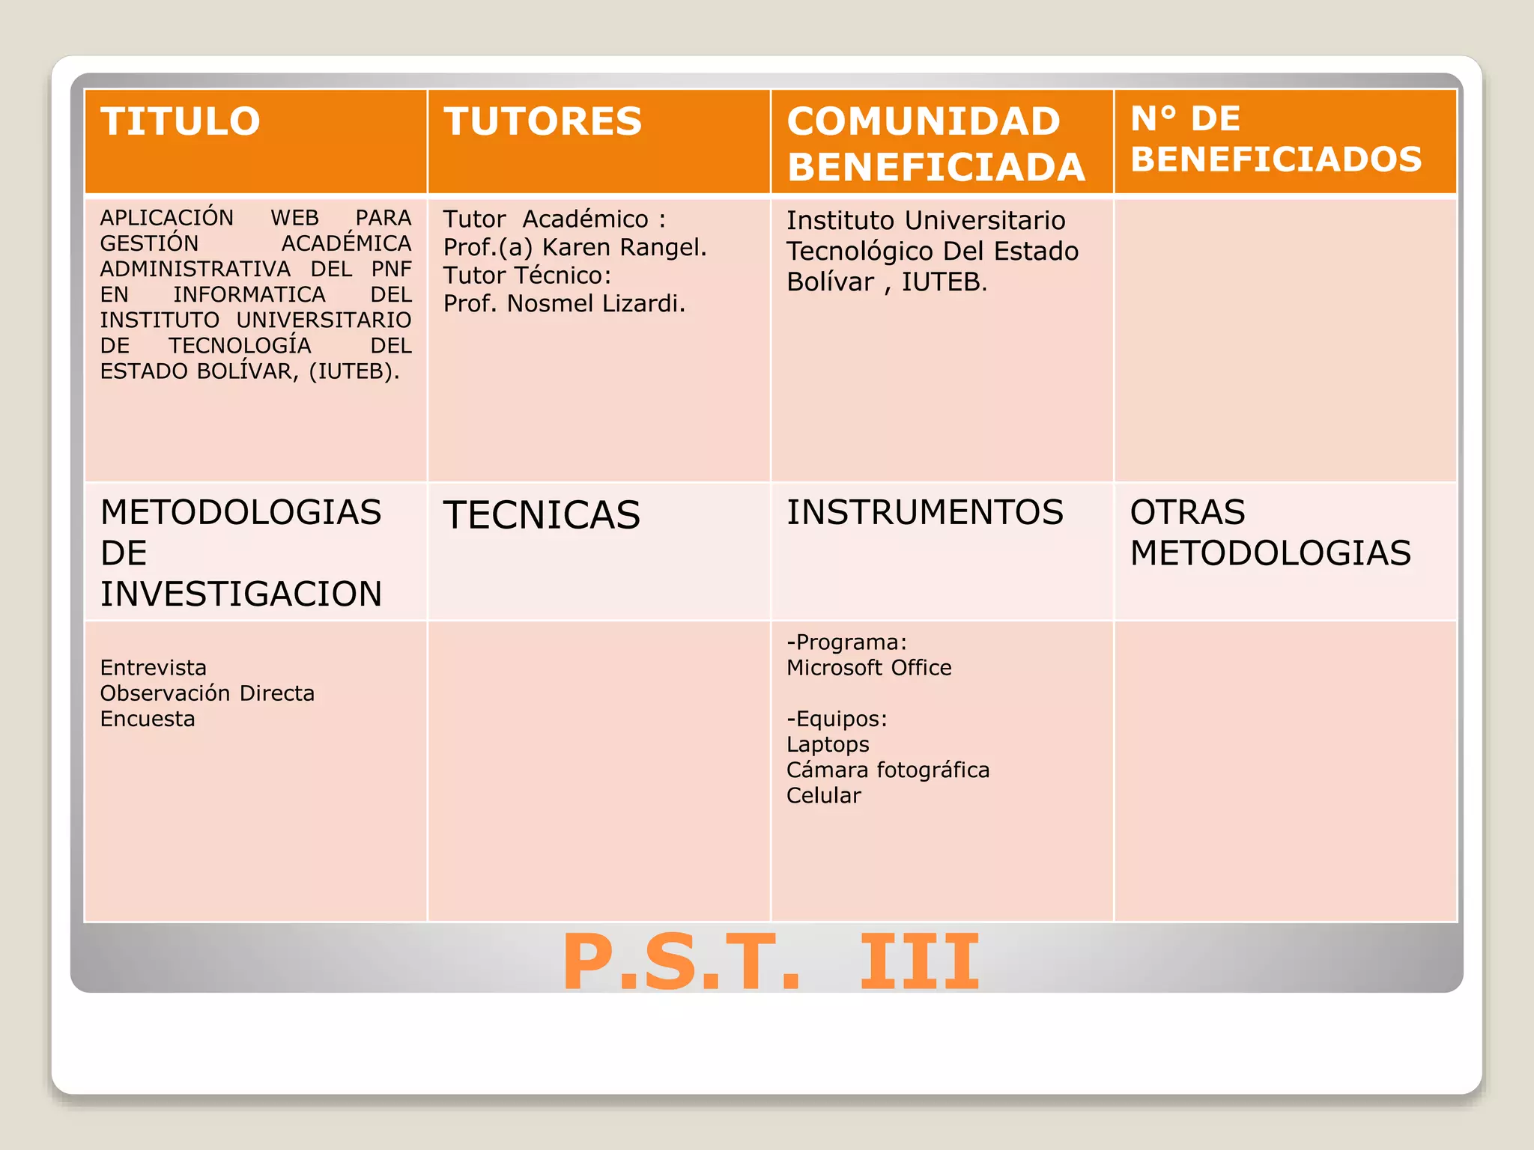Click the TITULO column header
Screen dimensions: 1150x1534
pyautogui.click(x=181, y=121)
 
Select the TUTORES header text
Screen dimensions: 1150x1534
pyautogui.click(x=543, y=121)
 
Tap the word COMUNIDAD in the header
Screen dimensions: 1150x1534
pyautogui.click(x=924, y=121)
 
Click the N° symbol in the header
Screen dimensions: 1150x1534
pyautogui.click(x=1154, y=118)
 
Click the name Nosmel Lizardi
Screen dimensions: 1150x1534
pyautogui.click(x=595, y=303)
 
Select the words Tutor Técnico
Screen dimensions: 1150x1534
pyautogui.click(x=527, y=276)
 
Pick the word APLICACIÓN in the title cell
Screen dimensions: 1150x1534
pyautogui.click(x=167, y=218)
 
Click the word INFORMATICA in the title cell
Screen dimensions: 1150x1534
pyautogui.click(x=249, y=294)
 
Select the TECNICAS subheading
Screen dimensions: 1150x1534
pyautogui.click(x=542, y=515)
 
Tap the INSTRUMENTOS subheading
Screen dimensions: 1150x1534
pyautogui.click(x=924, y=513)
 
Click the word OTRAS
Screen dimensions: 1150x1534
pyautogui.click(x=1187, y=513)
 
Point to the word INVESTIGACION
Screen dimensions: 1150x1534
pyautogui.click(x=241, y=594)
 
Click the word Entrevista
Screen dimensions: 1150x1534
pyautogui.click(x=154, y=668)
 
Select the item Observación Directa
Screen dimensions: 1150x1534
pyautogui.click(x=207, y=693)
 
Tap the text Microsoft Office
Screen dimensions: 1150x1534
pyautogui.click(x=869, y=668)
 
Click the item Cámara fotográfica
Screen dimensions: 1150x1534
pyautogui.click(x=888, y=770)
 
